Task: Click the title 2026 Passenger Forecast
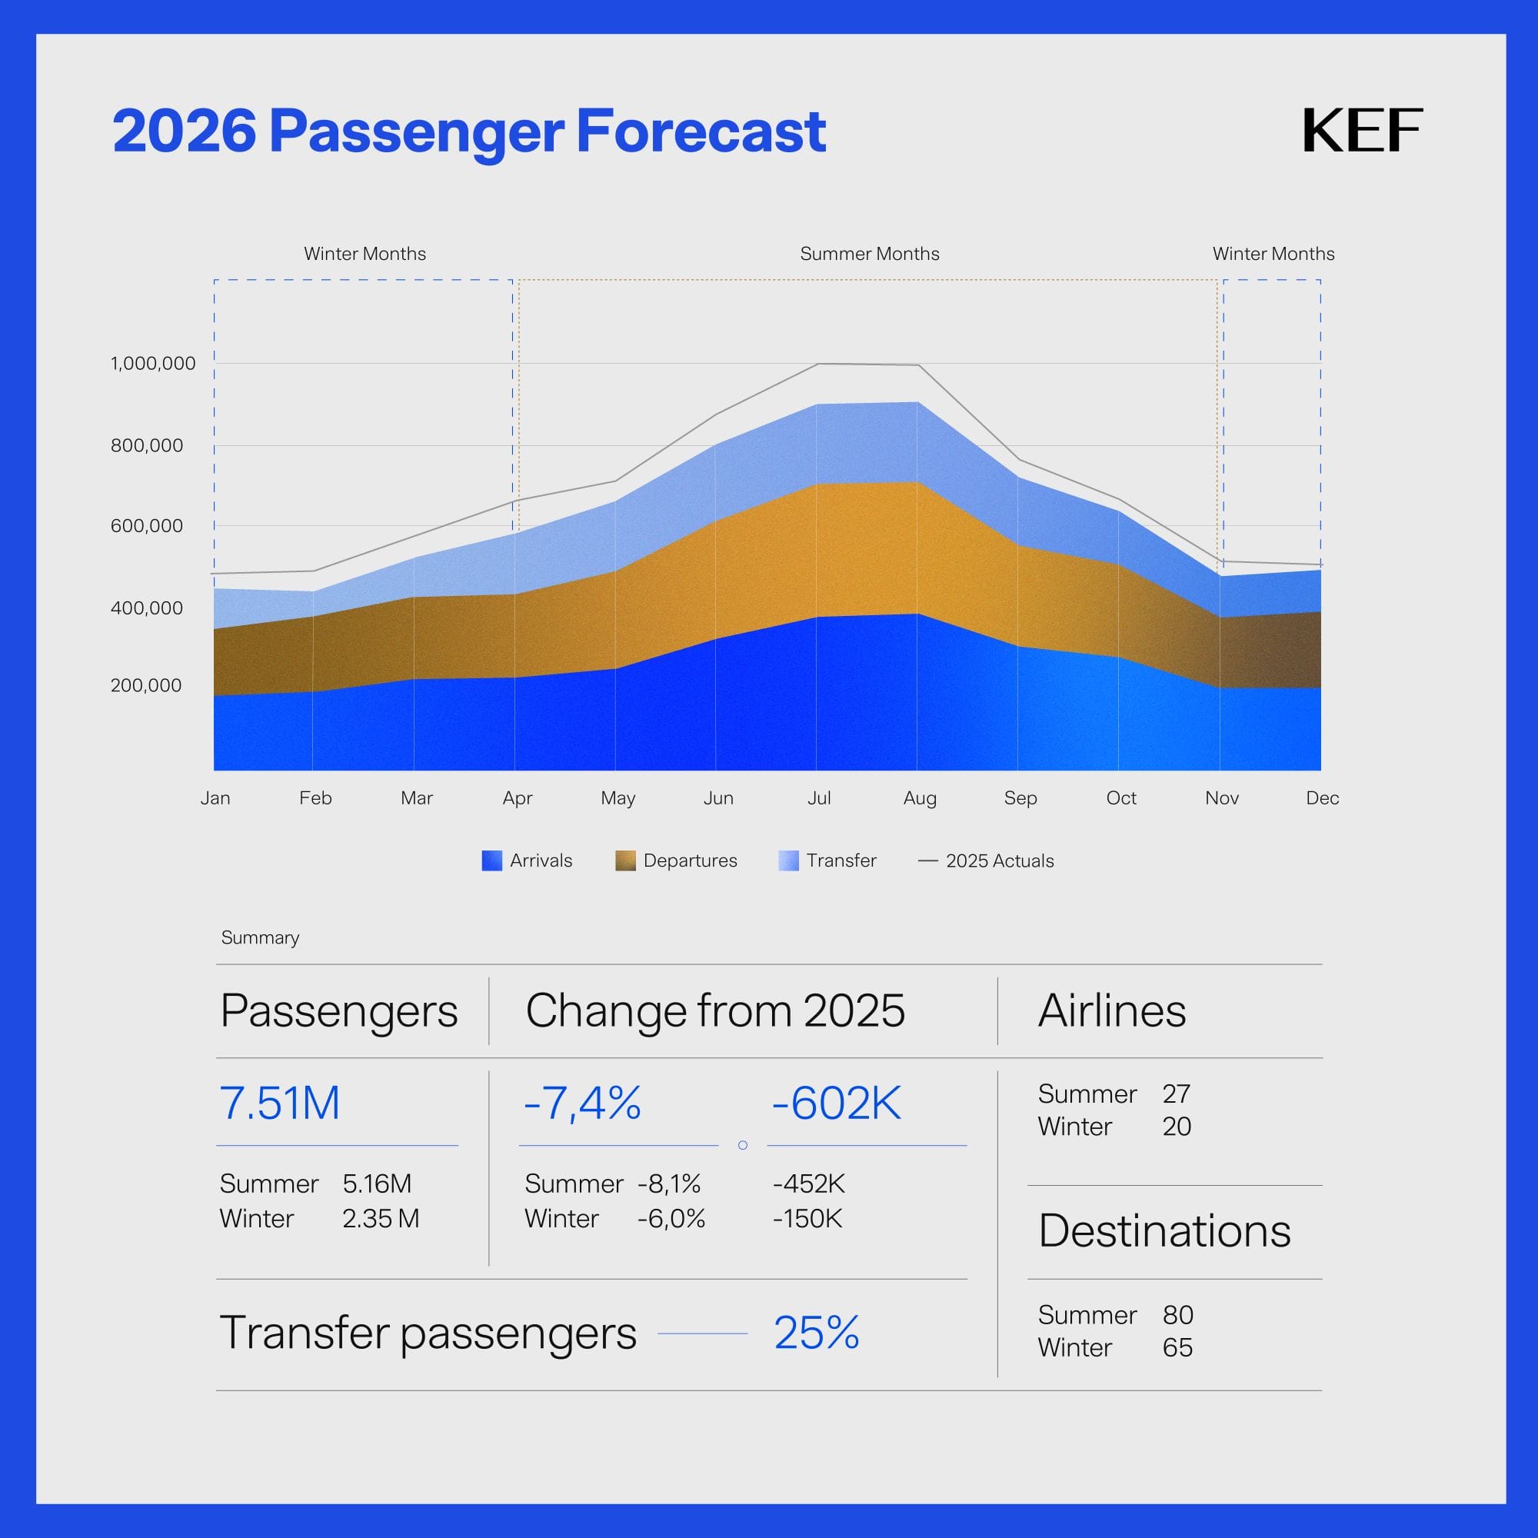click(469, 131)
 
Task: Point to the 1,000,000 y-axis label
click(153, 364)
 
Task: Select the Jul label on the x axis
click(818, 797)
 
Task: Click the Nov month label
click(1221, 797)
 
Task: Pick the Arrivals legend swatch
click(492, 861)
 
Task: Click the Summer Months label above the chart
click(869, 254)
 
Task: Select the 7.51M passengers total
click(279, 1104)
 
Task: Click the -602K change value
click(836, 1104)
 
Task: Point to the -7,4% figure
click(582, 1104)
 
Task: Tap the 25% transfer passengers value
click(816, 1333)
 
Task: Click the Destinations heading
click(1163, 1230)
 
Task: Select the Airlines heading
click(1111, 1011)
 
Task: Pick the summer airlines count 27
click(1176, 1094)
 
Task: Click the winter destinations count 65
click(1177, 1347)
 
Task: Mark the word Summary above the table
click(261, 937)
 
